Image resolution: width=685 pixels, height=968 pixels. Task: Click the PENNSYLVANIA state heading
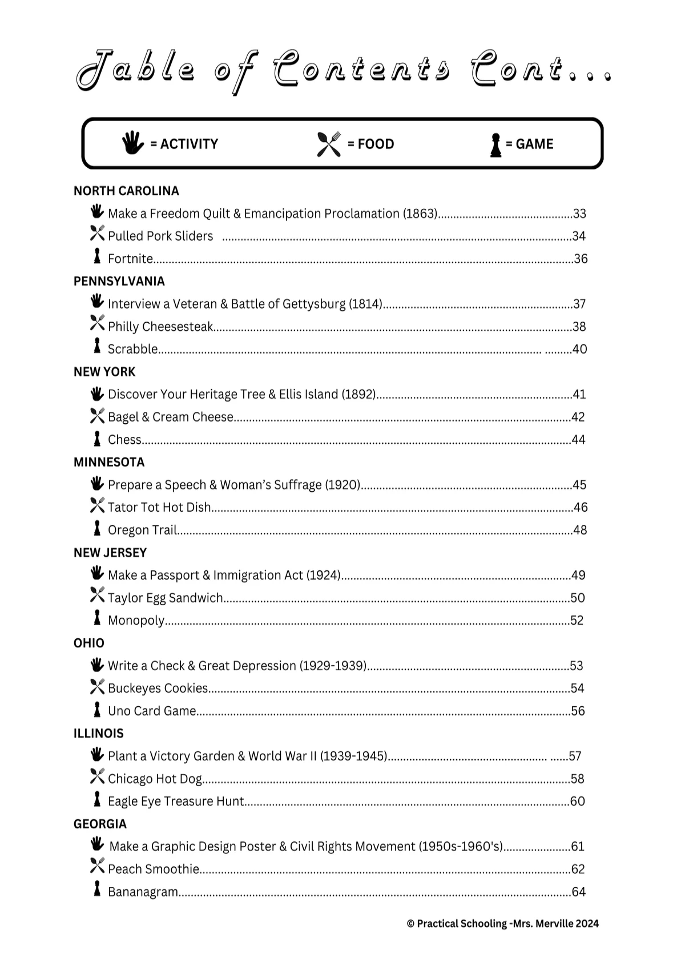point(119,281)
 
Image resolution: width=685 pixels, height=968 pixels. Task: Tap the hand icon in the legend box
point(132,143)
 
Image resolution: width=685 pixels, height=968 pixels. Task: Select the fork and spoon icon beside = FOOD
point(328,144)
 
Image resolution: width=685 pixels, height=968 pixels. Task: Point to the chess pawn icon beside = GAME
point(495,145)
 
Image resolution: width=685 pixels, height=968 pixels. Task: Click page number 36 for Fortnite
point(581,259)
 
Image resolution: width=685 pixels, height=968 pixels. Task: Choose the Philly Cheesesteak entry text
point(160,327)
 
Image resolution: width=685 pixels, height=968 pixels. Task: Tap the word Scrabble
point(132,349)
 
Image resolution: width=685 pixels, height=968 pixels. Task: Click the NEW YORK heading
point(104,372)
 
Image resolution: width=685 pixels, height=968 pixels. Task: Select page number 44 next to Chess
point(578,440)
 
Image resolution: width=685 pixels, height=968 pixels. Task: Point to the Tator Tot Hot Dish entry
point(159,507)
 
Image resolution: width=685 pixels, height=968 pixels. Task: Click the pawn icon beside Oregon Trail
point(97,528)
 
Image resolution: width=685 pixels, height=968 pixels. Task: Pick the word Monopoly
point(136,621)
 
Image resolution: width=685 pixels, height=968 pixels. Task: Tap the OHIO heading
point(89,643)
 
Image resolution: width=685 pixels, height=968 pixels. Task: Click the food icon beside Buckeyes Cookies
point(97,687)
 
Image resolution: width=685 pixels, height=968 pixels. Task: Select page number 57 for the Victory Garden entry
point(575,756)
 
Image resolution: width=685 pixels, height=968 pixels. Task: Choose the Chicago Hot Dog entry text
point(155,779)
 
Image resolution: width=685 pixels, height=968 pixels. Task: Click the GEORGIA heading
point(100,824)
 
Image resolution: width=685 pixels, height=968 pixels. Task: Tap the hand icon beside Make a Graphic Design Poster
point(97,844)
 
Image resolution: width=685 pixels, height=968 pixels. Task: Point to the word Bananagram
point(143,892)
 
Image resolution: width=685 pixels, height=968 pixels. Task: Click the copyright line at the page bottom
point(502,924)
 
